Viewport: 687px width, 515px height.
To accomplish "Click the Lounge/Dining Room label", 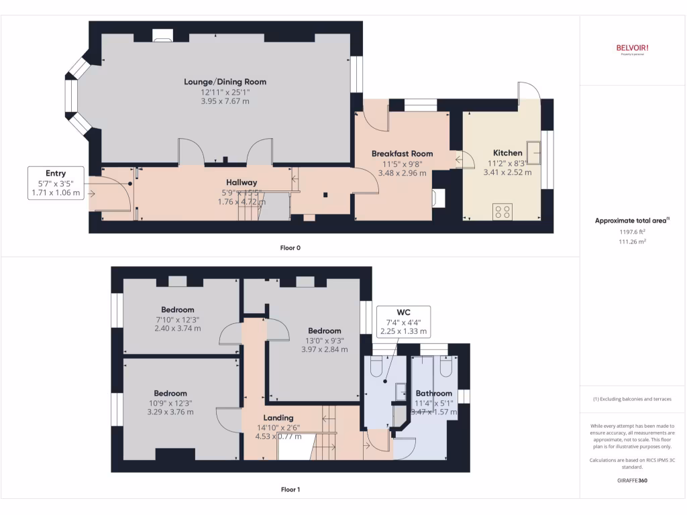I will pyautogui.click(x=225, y=82).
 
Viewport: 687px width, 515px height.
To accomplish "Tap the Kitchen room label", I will pyautogui.click(x=507, y=153).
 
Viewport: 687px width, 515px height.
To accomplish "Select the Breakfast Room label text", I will pyautogui.click(x=402, y=154).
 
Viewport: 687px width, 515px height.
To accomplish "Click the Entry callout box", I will pyautogui.click(x=56, y=183).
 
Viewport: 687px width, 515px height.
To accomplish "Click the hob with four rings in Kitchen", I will pyautogui.click(x=501, y=211).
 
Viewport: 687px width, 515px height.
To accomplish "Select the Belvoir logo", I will pyautogui.click(x=632, y=48).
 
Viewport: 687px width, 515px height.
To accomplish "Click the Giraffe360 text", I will pyautogui.click(x=632, y=480).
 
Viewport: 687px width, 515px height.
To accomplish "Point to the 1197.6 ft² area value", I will pyautogui.click(x=632, y=231).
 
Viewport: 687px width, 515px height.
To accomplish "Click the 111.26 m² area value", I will pyautogui.click(x=632, y=241).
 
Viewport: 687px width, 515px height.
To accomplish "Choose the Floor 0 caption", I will pyautogui.click(x=290, y=248).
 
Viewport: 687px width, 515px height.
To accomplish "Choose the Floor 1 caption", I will pyautogui.click(x=290, y=490).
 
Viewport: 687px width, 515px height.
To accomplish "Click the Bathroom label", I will pyautogui.click(x=433, y=393).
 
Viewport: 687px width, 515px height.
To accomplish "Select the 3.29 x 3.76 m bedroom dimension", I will pyautogui.click(x=170, y=412).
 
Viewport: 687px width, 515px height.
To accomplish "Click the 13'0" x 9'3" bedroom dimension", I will pyautogui.click(x=325, y=340).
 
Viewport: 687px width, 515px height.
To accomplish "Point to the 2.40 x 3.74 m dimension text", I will pyautogui.click(x=178, y=329).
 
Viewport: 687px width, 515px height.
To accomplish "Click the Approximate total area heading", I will pyautogui.click(x=632, y=221).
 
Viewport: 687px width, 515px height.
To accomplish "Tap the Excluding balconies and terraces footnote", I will pyautogui.click(x=632, y=399).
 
